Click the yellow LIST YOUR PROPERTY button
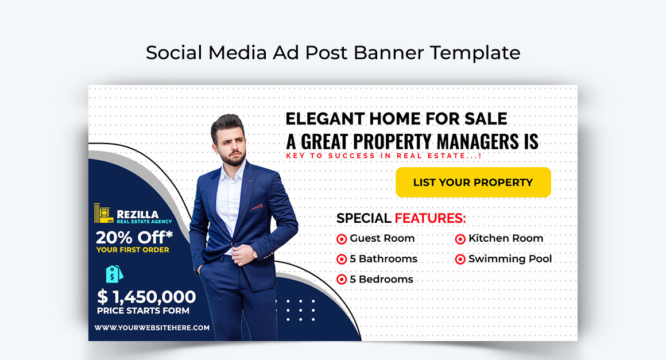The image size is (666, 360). pyautogui.click(x=473, y=183)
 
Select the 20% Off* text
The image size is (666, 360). pyautogui.click(x=134, y=237)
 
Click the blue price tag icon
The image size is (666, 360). pyautogui.click(x=114, y=274)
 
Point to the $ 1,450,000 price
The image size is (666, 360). pyautogui.click(x=146, y=297)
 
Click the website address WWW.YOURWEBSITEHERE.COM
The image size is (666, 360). pyautogui.click(x=152, y=328)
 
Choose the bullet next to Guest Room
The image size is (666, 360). pyautogui.click(x=342, y=239)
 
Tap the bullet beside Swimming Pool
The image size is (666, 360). pyautogui.click(x=460, y=260)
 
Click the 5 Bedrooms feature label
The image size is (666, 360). pyautogui.click(x=381, y=280)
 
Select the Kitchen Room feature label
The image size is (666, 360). pyautogui.click(x=505, y=238)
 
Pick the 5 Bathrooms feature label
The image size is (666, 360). pyautogui.click(x=383, y=259)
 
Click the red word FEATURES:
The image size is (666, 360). pyautogui.click(x=430, y=218)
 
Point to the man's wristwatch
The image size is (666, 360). pyautogui.click(x=254, y=253)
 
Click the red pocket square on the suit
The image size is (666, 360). pyautogui.click(x=256, y=207)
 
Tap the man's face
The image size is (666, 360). pyautogui.click(x=233, y=144)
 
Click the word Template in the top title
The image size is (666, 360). pyautogui.click(x=475, y=53)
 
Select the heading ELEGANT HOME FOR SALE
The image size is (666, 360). pyautogui.click(x=396, y=119)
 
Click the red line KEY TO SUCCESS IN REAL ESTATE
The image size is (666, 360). pyautogui.click(x=384, y=156)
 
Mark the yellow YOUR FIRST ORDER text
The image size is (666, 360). pyautogui.click(x=133, y=250)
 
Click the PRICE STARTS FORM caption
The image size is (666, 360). pyautogui.click(x=143, y=311)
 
